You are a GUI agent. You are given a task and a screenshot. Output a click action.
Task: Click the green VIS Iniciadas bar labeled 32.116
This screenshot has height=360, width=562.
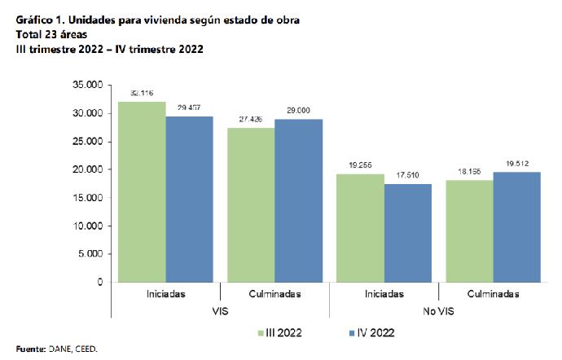point(143,191)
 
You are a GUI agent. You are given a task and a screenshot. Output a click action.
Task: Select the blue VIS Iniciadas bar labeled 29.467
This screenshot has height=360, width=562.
point(190,199)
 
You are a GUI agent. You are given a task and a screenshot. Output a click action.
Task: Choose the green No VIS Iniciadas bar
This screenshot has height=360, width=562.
point(360,227)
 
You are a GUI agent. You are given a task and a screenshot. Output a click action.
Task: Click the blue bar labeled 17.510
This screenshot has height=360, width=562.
point(407,232)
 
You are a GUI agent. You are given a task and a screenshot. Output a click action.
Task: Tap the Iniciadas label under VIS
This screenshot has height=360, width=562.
point(166,293)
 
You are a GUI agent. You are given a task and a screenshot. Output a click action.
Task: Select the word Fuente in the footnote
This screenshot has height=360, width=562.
point(30,349)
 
